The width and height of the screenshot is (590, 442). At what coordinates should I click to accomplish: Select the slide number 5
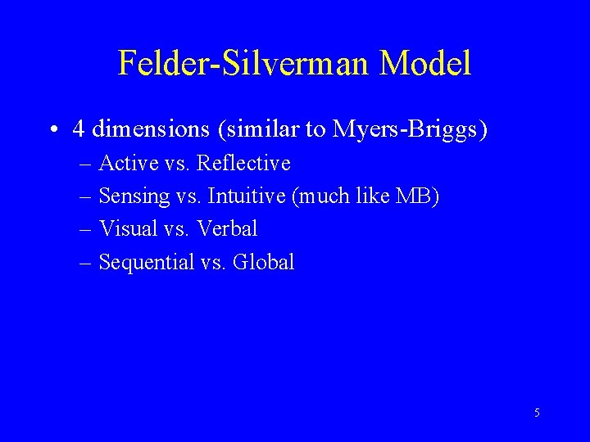coord(537,413)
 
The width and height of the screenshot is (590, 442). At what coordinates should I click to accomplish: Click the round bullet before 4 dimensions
coord(52,129)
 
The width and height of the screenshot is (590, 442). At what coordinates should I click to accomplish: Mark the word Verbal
coord(227,229)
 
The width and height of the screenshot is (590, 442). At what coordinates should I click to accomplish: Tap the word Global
coord(263,263)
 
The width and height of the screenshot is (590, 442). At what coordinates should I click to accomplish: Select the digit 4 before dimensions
coord(79,129)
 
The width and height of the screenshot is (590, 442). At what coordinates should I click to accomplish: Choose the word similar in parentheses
coord(255,129)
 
